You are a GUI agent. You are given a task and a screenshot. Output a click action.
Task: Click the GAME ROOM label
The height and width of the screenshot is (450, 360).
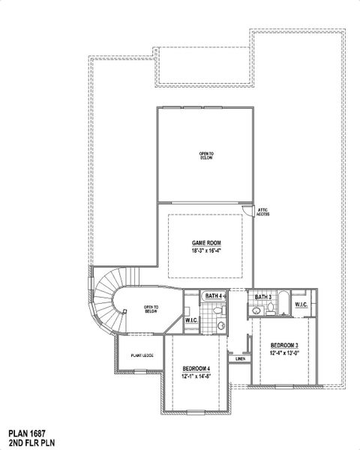click(205, 243)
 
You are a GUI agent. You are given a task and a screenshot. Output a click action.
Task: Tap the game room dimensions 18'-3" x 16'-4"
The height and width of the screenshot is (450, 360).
click(205, 251)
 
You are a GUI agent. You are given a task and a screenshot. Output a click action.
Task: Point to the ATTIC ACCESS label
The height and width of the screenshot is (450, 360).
click(262, 212)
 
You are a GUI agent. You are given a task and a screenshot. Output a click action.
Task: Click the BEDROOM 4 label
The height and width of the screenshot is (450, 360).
click(196, 368)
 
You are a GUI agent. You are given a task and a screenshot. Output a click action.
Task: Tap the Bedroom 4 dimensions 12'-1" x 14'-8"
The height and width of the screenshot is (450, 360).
click(196, 376)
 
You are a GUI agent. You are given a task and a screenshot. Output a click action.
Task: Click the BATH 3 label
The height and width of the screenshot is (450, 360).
click(263, 298)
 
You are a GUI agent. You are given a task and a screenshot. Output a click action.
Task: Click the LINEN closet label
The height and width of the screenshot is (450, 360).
click(240, 359)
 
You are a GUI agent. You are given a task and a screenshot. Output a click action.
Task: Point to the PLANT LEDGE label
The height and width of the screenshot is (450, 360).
click(142, 355)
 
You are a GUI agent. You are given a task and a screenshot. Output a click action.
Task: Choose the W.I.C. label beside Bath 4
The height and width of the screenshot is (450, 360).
click(191, 321)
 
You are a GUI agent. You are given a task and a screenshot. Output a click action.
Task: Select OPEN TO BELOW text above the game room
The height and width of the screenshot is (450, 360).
click(206, 155)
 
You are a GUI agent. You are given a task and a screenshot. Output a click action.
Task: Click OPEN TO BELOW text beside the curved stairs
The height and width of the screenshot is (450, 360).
click(151, 308)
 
